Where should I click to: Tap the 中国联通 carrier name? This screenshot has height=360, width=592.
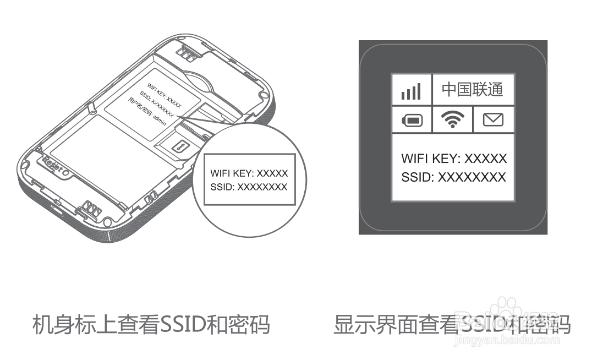tap(473, 89)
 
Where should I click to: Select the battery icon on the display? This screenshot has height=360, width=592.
tap(411, 120)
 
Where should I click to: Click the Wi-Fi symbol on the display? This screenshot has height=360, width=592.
tap(452, 119)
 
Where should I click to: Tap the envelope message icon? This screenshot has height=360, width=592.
tap(493, 119)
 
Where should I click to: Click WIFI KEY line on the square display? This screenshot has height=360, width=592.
tap(453, 159)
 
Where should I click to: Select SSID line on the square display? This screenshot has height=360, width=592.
tap(453, 177)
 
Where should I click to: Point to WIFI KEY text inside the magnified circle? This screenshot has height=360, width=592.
tap(249, 173)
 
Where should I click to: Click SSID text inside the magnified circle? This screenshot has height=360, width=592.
tap(249, 187)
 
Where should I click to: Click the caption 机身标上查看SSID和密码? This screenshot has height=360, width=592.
tap(150, 325)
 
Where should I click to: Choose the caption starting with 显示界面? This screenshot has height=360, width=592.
tap(451, 325)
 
